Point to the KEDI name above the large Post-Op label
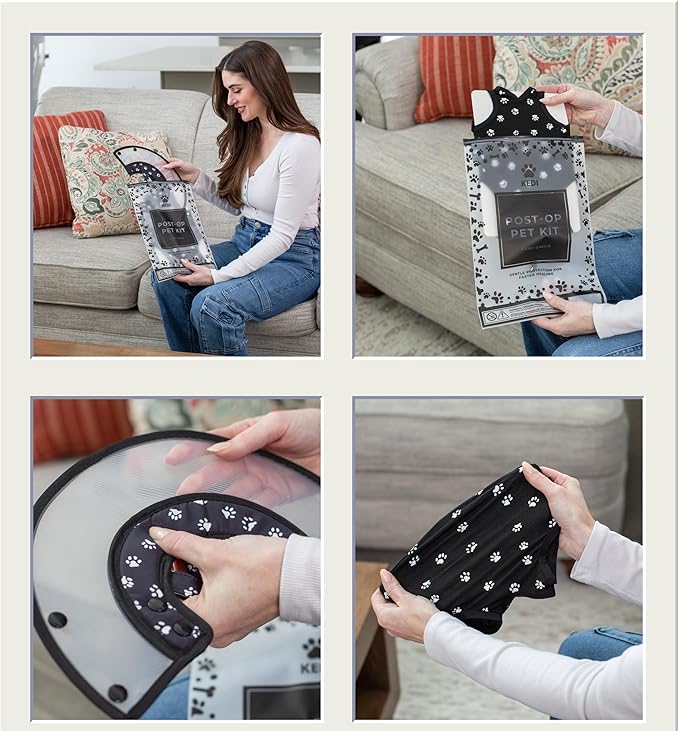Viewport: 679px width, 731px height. [529, 182]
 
